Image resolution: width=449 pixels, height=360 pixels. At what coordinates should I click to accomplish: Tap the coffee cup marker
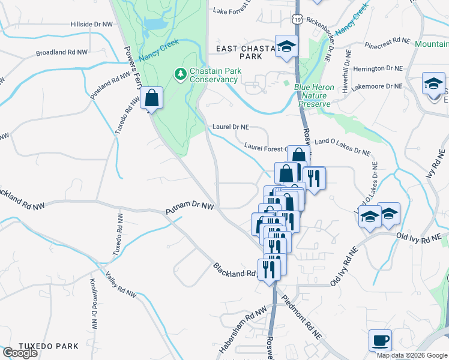(380, 341)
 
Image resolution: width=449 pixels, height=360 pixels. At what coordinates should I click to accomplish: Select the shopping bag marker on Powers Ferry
(152, 98)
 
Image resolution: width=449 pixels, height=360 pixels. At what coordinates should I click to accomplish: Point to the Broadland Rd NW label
(61, 53)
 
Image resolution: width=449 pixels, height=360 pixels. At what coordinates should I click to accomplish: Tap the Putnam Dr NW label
(190, 207)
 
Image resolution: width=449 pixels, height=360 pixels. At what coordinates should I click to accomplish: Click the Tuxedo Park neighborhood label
(48, 346)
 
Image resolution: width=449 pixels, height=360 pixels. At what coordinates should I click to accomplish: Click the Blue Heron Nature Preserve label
(314, 95)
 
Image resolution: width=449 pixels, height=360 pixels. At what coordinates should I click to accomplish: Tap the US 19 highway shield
(298, 19)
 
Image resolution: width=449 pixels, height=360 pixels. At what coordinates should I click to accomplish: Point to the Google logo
(20, 353)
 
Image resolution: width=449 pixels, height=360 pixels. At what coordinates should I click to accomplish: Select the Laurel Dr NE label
(231, 127)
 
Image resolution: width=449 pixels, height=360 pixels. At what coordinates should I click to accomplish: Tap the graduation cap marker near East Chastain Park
(287, 46)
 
